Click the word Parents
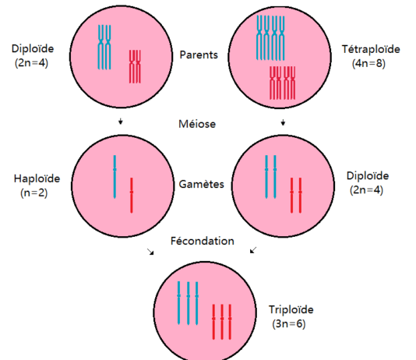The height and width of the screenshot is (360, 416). click(x=199, y=55)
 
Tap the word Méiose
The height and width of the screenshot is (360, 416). click(x=197, y=124)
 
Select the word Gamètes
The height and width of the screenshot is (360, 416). click(x=201, y=184)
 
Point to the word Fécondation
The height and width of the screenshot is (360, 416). click(x=203, y=241)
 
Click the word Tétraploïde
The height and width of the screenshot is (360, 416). click(x=371, y=49)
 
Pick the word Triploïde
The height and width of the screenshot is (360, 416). click(x=291, y=309)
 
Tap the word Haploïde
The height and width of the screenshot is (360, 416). click(x=37, y=178)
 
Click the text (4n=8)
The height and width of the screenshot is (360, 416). click(x=368, y=63)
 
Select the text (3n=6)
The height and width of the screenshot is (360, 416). click(x=289, y=324)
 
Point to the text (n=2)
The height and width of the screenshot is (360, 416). click(x=34, y=193)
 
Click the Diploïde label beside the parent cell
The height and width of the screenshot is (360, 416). click(x=33, y=49)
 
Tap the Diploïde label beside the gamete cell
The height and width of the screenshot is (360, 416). click(x=368, y=176)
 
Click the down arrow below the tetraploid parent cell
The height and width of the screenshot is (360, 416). click(x=283, y=122)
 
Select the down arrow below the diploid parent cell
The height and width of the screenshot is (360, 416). click(x=121, y=122)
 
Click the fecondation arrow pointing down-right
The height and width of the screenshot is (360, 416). click(x=150, y=252)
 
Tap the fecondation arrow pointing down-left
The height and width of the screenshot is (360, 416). click(x=253, y=250)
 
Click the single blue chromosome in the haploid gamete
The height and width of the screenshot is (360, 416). click(x=115, y=177)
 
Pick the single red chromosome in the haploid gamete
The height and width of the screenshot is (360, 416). click(x=132, y=196)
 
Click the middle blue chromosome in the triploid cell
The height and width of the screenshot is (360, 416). click(x=188, y=303)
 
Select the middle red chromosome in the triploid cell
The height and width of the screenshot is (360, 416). click(x=222, y=322)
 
